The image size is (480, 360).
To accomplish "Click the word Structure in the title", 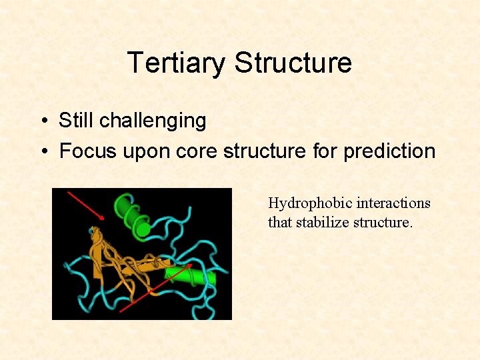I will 293,63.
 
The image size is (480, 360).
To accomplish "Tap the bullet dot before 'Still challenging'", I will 42,121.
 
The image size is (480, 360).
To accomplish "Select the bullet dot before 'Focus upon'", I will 42,152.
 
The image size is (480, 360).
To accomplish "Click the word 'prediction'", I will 389,151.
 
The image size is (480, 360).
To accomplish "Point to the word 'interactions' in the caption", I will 393,203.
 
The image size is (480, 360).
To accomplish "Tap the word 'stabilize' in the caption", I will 323,222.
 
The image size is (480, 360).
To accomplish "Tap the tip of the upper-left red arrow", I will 104,219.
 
